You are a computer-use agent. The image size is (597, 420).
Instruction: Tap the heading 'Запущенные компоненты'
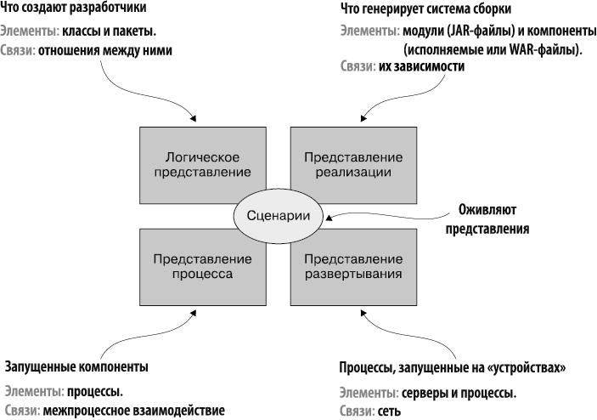[76, 366]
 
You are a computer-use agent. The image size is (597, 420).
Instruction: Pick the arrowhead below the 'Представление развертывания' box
[366, 314]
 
